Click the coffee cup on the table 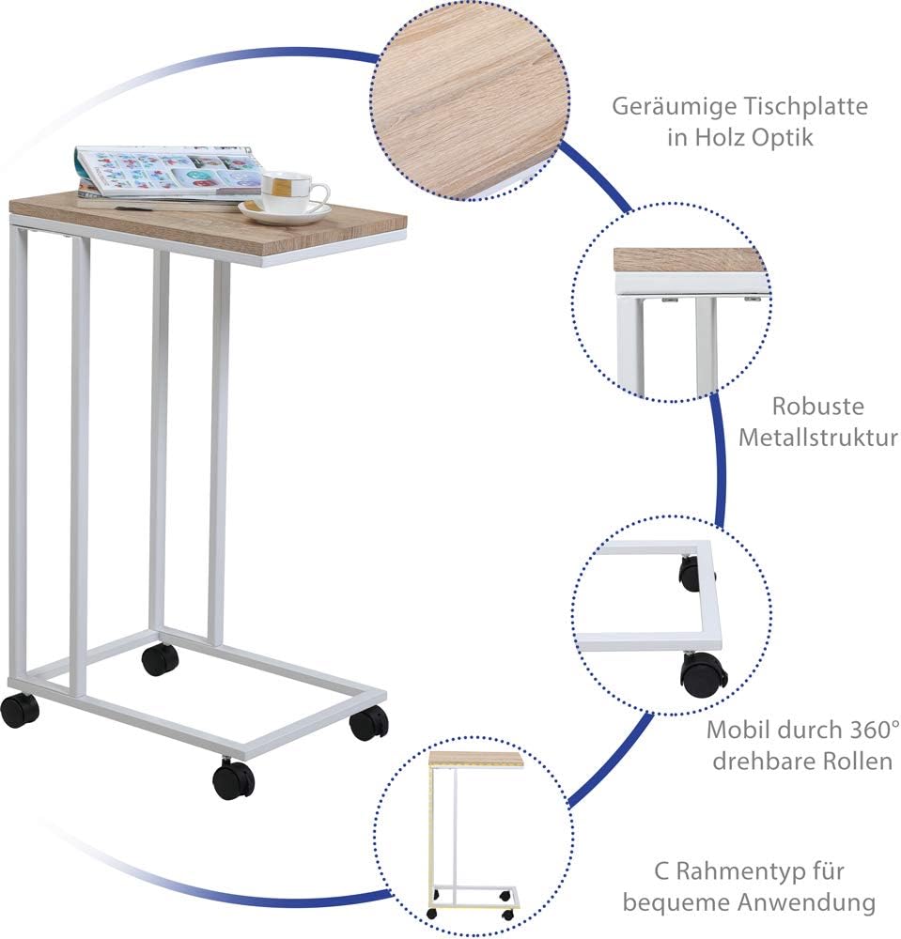point(292,191)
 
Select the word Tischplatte point(805,106)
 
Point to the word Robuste point(817,406)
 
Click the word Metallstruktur point(817,438)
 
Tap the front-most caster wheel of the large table point(233,778)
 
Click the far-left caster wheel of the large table point(20,710)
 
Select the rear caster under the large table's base point(160,659)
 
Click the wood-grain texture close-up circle point(470,101)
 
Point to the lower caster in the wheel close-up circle point(704,674)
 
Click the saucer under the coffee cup point(286,212)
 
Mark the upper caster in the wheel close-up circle point(691,573)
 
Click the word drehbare point(764,762)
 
